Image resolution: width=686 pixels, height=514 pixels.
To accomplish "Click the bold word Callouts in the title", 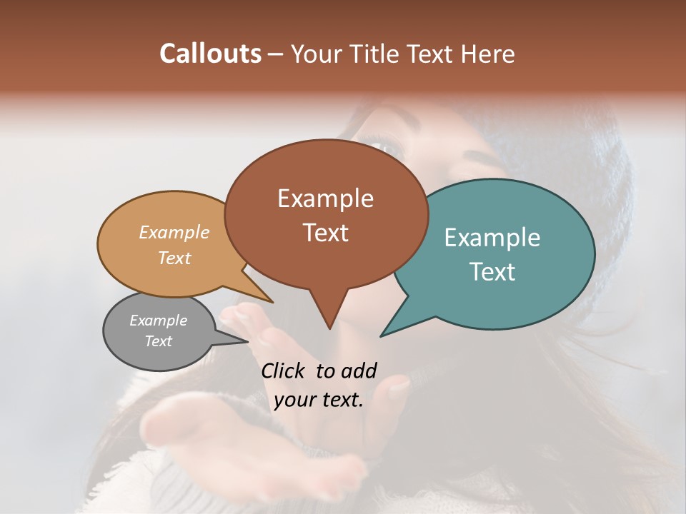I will (210, 54).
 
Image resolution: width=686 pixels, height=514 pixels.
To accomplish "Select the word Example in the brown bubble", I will (325, 198).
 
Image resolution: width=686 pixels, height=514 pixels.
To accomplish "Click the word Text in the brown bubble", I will (325, 233).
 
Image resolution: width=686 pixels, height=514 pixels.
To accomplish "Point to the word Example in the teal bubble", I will (492, 238).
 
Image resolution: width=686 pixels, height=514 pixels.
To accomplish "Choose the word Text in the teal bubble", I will (492, 272).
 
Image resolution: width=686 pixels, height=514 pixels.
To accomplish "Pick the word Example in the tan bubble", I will (174, 232).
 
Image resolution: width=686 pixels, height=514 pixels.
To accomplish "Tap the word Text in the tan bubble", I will (174, 258).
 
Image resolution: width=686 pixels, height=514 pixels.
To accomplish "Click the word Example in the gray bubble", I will (158, 321).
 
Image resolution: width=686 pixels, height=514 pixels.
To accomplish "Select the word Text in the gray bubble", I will (158, 341).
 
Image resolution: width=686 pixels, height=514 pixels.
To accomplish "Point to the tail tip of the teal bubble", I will (382, 336).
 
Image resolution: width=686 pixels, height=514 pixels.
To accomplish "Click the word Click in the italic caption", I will (284, 371).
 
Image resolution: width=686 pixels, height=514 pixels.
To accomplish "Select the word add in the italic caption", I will (358, 371).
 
